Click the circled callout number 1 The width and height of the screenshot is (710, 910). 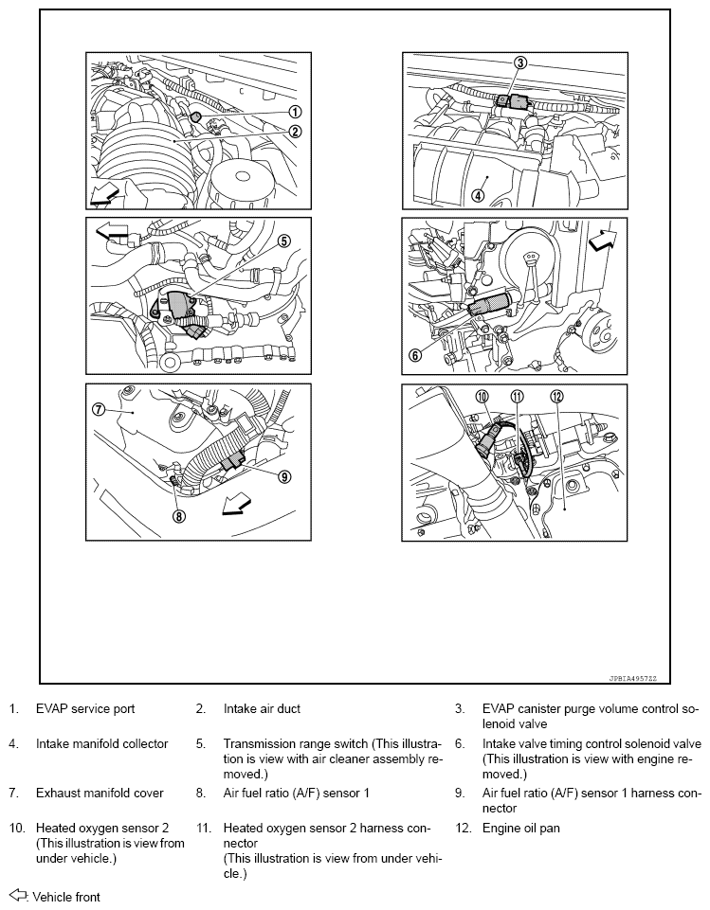pyautogui.click(x=296, y=112)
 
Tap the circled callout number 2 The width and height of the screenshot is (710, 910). pyautogui.click(x=296, y=132)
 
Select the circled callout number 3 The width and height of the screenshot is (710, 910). pyautogui.click(x=519, y=62)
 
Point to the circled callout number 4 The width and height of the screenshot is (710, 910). pyautogui.click(x=478, y=196)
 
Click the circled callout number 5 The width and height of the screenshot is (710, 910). pyautogui.click(x=283, y=241)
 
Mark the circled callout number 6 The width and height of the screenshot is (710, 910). pyautogui.click(x=414, y=356)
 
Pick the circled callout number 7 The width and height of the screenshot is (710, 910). pyautogui.click(x=98, y=409)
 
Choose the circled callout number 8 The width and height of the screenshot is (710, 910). pyautogui.click(x=178, y=516)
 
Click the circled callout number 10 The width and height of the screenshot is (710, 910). pyautogui.click(x=482, y=398)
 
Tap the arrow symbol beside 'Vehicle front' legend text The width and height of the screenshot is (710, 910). pyautogui.click(x=17, y=896)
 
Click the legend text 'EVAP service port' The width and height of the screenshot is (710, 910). pyautogui.click(x=85, y=708)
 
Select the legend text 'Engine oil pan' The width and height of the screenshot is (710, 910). pyautogui.click(x=520, y=829)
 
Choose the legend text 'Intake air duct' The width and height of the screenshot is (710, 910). pyautogui.click(x=262, y=708)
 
